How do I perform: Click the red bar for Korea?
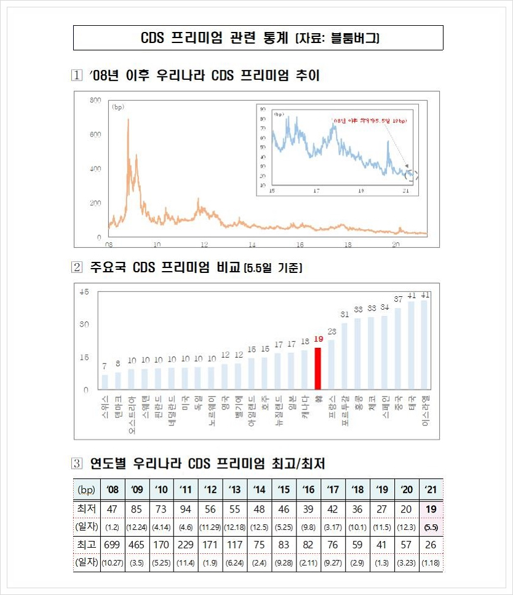point(318,368)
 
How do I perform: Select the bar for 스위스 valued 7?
point(105,382)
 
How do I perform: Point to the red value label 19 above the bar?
point(318,339)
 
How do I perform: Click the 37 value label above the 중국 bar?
point(398,299)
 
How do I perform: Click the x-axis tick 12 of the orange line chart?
point(204,244)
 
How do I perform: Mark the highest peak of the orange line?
point(127,120)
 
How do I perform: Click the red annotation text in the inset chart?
point(369,121)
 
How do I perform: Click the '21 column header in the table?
point(431,490)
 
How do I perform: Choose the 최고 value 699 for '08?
point(112,544)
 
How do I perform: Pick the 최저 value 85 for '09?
point(137,510)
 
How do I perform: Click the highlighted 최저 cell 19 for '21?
point(431,510)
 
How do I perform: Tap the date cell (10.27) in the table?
point(112,562)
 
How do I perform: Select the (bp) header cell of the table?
point(86,490)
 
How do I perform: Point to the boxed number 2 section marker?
point(77,267)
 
